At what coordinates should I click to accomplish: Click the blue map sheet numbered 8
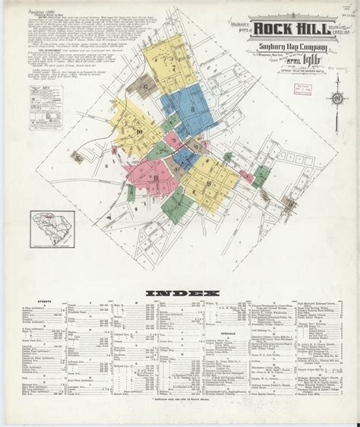[193, 114]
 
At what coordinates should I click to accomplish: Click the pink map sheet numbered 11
[156, 179]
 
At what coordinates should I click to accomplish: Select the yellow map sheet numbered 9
[209, 182]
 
